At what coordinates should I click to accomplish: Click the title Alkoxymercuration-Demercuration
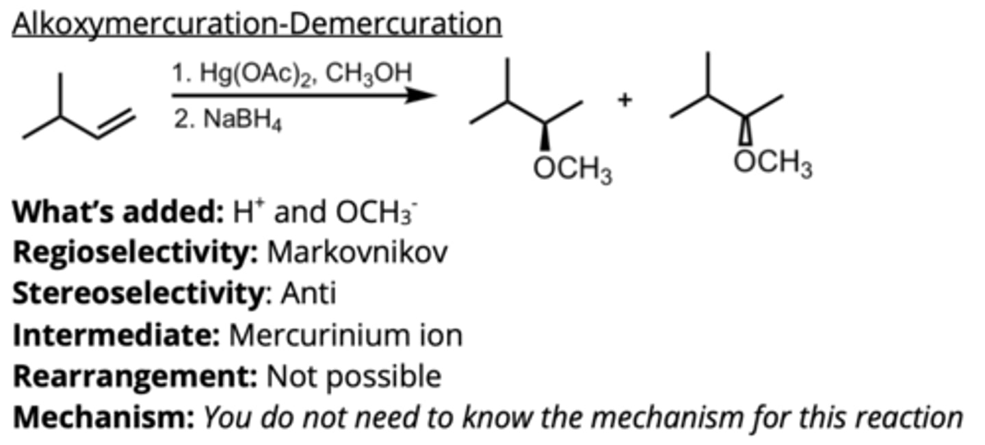257,25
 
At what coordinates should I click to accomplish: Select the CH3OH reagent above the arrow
370,75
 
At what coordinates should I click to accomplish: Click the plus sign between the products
625,100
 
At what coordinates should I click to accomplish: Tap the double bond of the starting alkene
115,125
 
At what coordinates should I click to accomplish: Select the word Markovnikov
357,253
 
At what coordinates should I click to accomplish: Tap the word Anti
308,294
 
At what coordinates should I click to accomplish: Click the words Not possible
354,377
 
